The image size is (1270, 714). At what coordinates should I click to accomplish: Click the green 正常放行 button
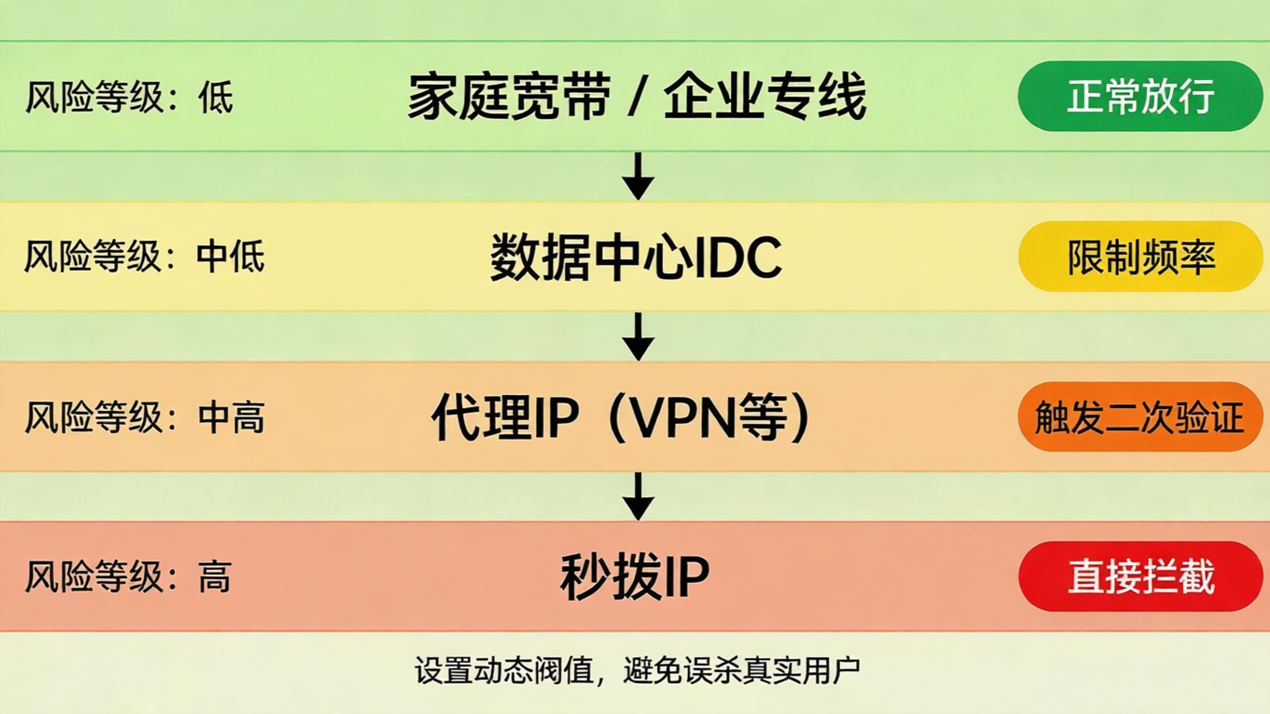click(x=1140, y=96)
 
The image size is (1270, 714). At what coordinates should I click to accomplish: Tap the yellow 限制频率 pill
click(x=1140, y=256)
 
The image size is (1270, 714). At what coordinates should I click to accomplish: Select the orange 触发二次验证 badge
click(x=1140, y=416)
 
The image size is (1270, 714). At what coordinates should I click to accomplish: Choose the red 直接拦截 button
click(x=1140, y=576)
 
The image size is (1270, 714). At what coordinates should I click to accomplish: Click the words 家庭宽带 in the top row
click(x=509, y=97)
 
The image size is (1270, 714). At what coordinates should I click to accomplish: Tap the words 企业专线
click(x=765, y=97)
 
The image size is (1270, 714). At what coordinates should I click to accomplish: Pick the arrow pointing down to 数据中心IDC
click(x=638, y=177)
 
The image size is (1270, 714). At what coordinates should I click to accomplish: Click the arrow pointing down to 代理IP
click(x=638, y=337)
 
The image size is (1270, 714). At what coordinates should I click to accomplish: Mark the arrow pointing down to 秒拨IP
click(x=638, y=497)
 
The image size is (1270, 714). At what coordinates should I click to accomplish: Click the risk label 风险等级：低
click(x=129, y=97)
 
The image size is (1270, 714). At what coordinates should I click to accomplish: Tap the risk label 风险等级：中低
click(x=144, y=257)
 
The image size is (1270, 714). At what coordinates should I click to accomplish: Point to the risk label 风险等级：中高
click(x=144, y=417)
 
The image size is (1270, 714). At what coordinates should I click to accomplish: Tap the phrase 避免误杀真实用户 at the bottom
click(x=741, y=671)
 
